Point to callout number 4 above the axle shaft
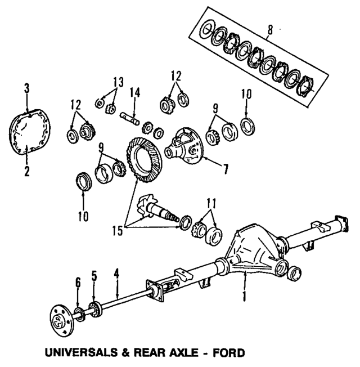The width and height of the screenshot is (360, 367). [x=116, y=272]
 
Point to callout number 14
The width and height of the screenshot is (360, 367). [x=135, y=93]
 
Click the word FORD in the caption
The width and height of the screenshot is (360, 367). [x=231, y=353]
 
